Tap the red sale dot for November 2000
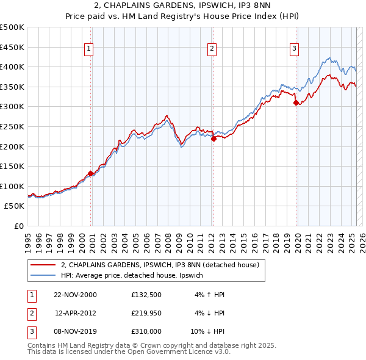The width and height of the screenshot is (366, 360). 90,173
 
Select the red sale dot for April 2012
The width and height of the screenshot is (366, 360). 213,139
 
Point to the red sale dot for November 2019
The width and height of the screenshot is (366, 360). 296,103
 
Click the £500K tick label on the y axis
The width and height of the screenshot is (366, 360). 12,27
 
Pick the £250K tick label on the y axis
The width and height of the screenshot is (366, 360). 12,126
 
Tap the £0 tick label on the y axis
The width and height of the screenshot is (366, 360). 18,226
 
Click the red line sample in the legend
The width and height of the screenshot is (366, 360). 43,265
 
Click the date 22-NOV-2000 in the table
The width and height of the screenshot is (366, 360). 75,295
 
